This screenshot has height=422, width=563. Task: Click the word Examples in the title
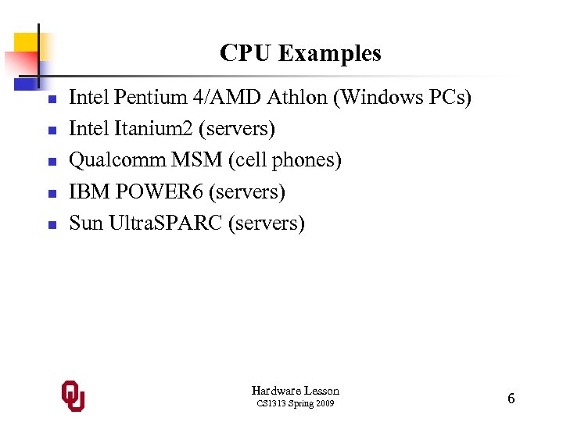pos(330,53)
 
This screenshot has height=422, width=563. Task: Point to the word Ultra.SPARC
pos(165,223)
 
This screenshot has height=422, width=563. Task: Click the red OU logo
pos(74,396)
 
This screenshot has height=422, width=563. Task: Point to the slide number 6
pos(511,399)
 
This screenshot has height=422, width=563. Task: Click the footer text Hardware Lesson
pos(296,390)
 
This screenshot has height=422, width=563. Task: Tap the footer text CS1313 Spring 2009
pos(296,404)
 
